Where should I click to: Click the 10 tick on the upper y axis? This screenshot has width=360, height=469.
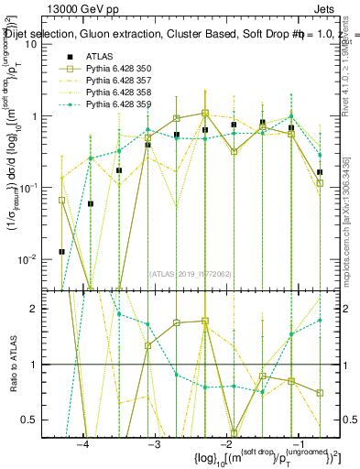tap(38, 45)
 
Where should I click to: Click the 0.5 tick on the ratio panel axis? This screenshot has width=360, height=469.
tap(37, 420)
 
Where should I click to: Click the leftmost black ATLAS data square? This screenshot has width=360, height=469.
tap(61, 251)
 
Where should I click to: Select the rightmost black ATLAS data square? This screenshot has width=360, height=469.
tap(320, 172)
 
